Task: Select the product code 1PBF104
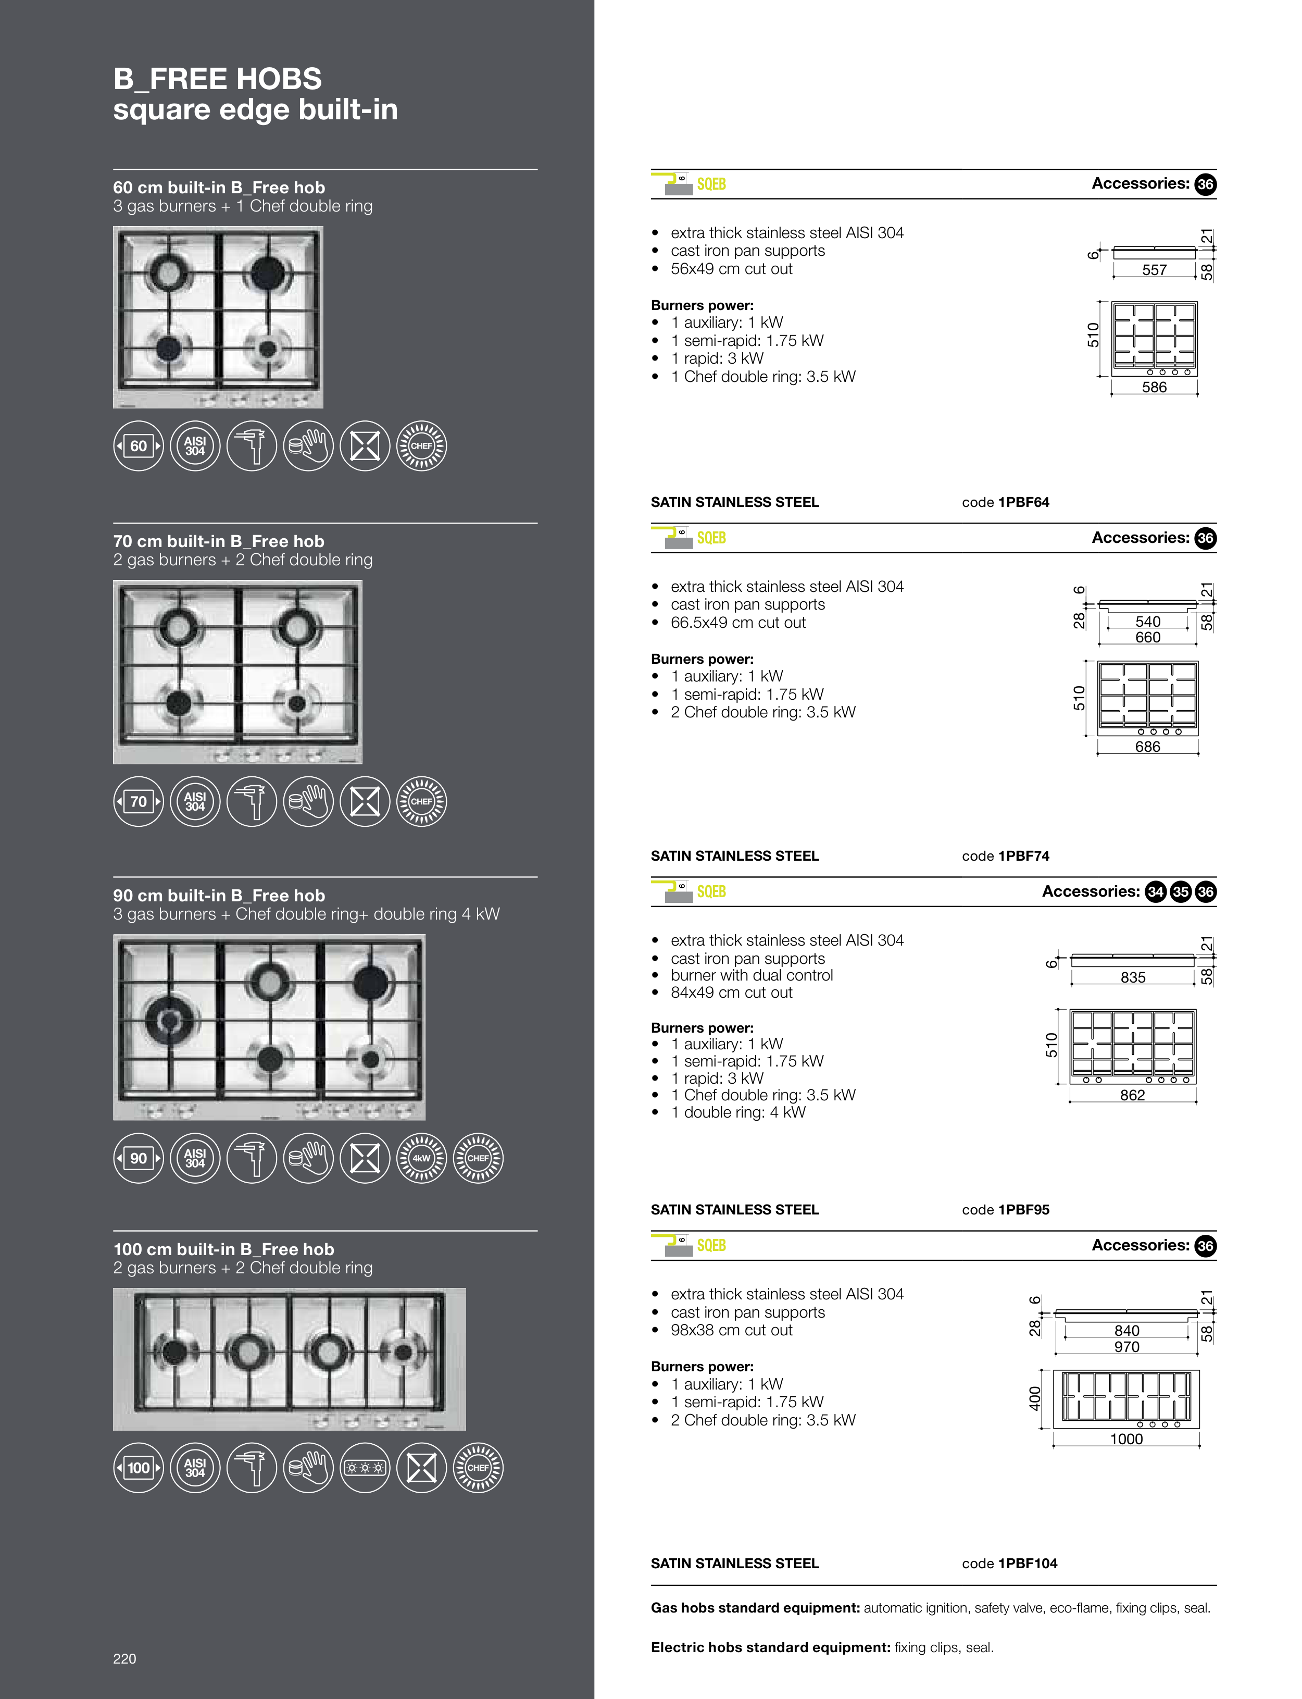(x=1028, y=1564)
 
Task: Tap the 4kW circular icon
(x=422, y=1158)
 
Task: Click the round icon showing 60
(x=139, y=445)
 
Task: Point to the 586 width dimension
(x=1154, y=387)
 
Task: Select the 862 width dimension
(x=1132, y=1095)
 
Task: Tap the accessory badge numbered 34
(x=1156, y=892)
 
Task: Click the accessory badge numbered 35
(x=1180, y=892)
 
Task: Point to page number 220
(x=125, y=1659)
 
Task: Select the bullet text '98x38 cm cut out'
(x=732, y=1330)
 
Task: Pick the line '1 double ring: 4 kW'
(x=738, y=1112)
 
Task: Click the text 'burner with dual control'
(x=752, y=975)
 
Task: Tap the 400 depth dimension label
(x=1035, y=1398)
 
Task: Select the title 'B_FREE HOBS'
(x=218, y=79)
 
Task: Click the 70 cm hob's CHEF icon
(x=422, y=801)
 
